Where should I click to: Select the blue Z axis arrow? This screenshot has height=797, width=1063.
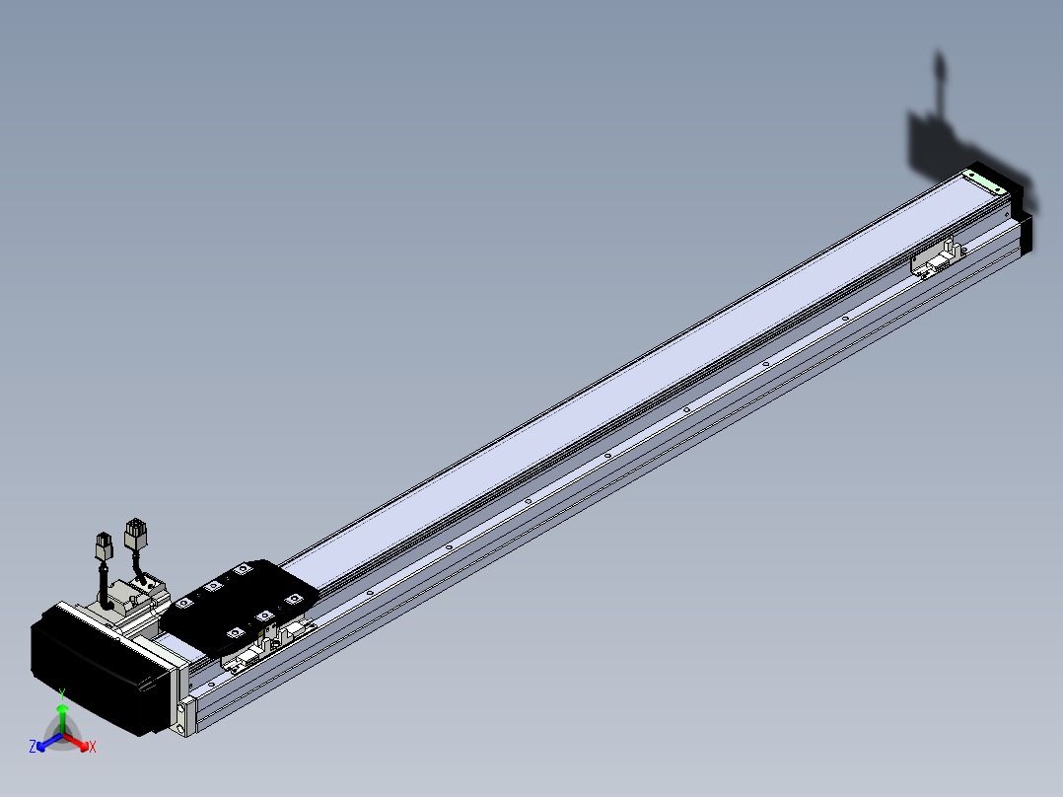pyautogui.click(x=49, y=742)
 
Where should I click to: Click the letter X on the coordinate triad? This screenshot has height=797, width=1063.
pyautogui.click(x=93, y=747)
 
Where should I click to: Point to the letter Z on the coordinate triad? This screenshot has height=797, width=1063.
pyautogui.click(x=33, y=747)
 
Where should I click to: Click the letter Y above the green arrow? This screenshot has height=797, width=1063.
pyautogui.click(x=62, y=693)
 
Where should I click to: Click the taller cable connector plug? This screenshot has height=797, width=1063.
pyautogui.click(x=136, y=536)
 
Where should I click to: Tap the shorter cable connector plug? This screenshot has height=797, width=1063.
pyautogui.click(x=104, y=546)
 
